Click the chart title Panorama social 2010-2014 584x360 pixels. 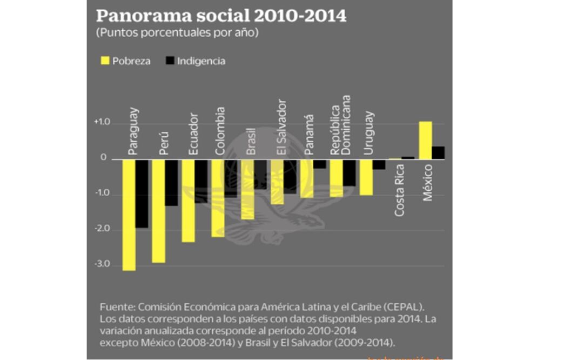[221, 16]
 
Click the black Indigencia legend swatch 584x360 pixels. [168, 61]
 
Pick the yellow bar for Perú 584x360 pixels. [158, 211]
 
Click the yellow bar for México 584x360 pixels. [426, 141]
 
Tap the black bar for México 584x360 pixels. [438, 153]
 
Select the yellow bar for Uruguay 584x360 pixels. [366, 177]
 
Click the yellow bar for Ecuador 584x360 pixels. [188, 201]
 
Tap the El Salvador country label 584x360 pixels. [281, 128]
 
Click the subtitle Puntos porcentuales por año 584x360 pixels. [177, 33]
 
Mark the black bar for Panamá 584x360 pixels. [319, 164]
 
